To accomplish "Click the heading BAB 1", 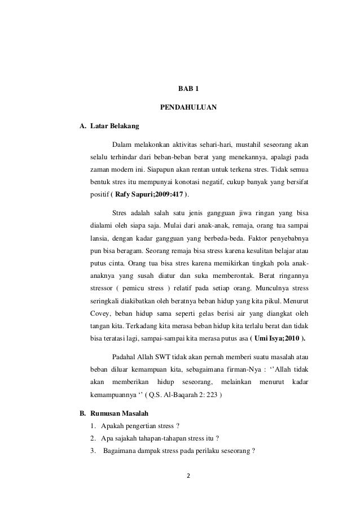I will [x=188, y=89].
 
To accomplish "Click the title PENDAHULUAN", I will [x=188, y=107].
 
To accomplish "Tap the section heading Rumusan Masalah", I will [x=114, y=413].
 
